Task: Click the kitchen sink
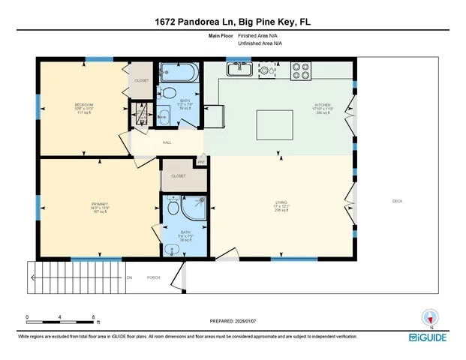coord(239,70)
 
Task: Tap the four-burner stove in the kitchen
coord(301,70)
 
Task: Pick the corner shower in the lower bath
coord(196,205)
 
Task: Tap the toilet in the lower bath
coord(173,206)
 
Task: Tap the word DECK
coord(397,200)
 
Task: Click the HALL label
coord(167,141)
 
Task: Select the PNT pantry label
coord(201,161)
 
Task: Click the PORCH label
coord(154,277)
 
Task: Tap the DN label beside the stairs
coord(129,277)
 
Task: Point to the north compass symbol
coord(429,316)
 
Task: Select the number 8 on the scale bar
coord(93,317)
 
